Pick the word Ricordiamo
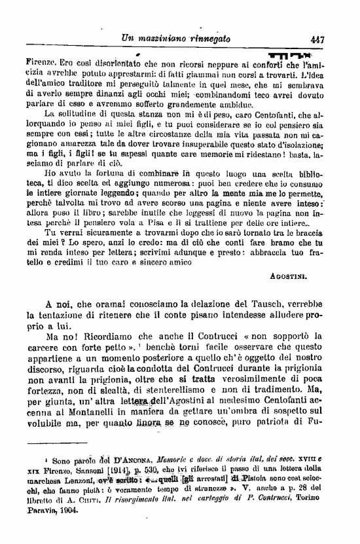111,336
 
